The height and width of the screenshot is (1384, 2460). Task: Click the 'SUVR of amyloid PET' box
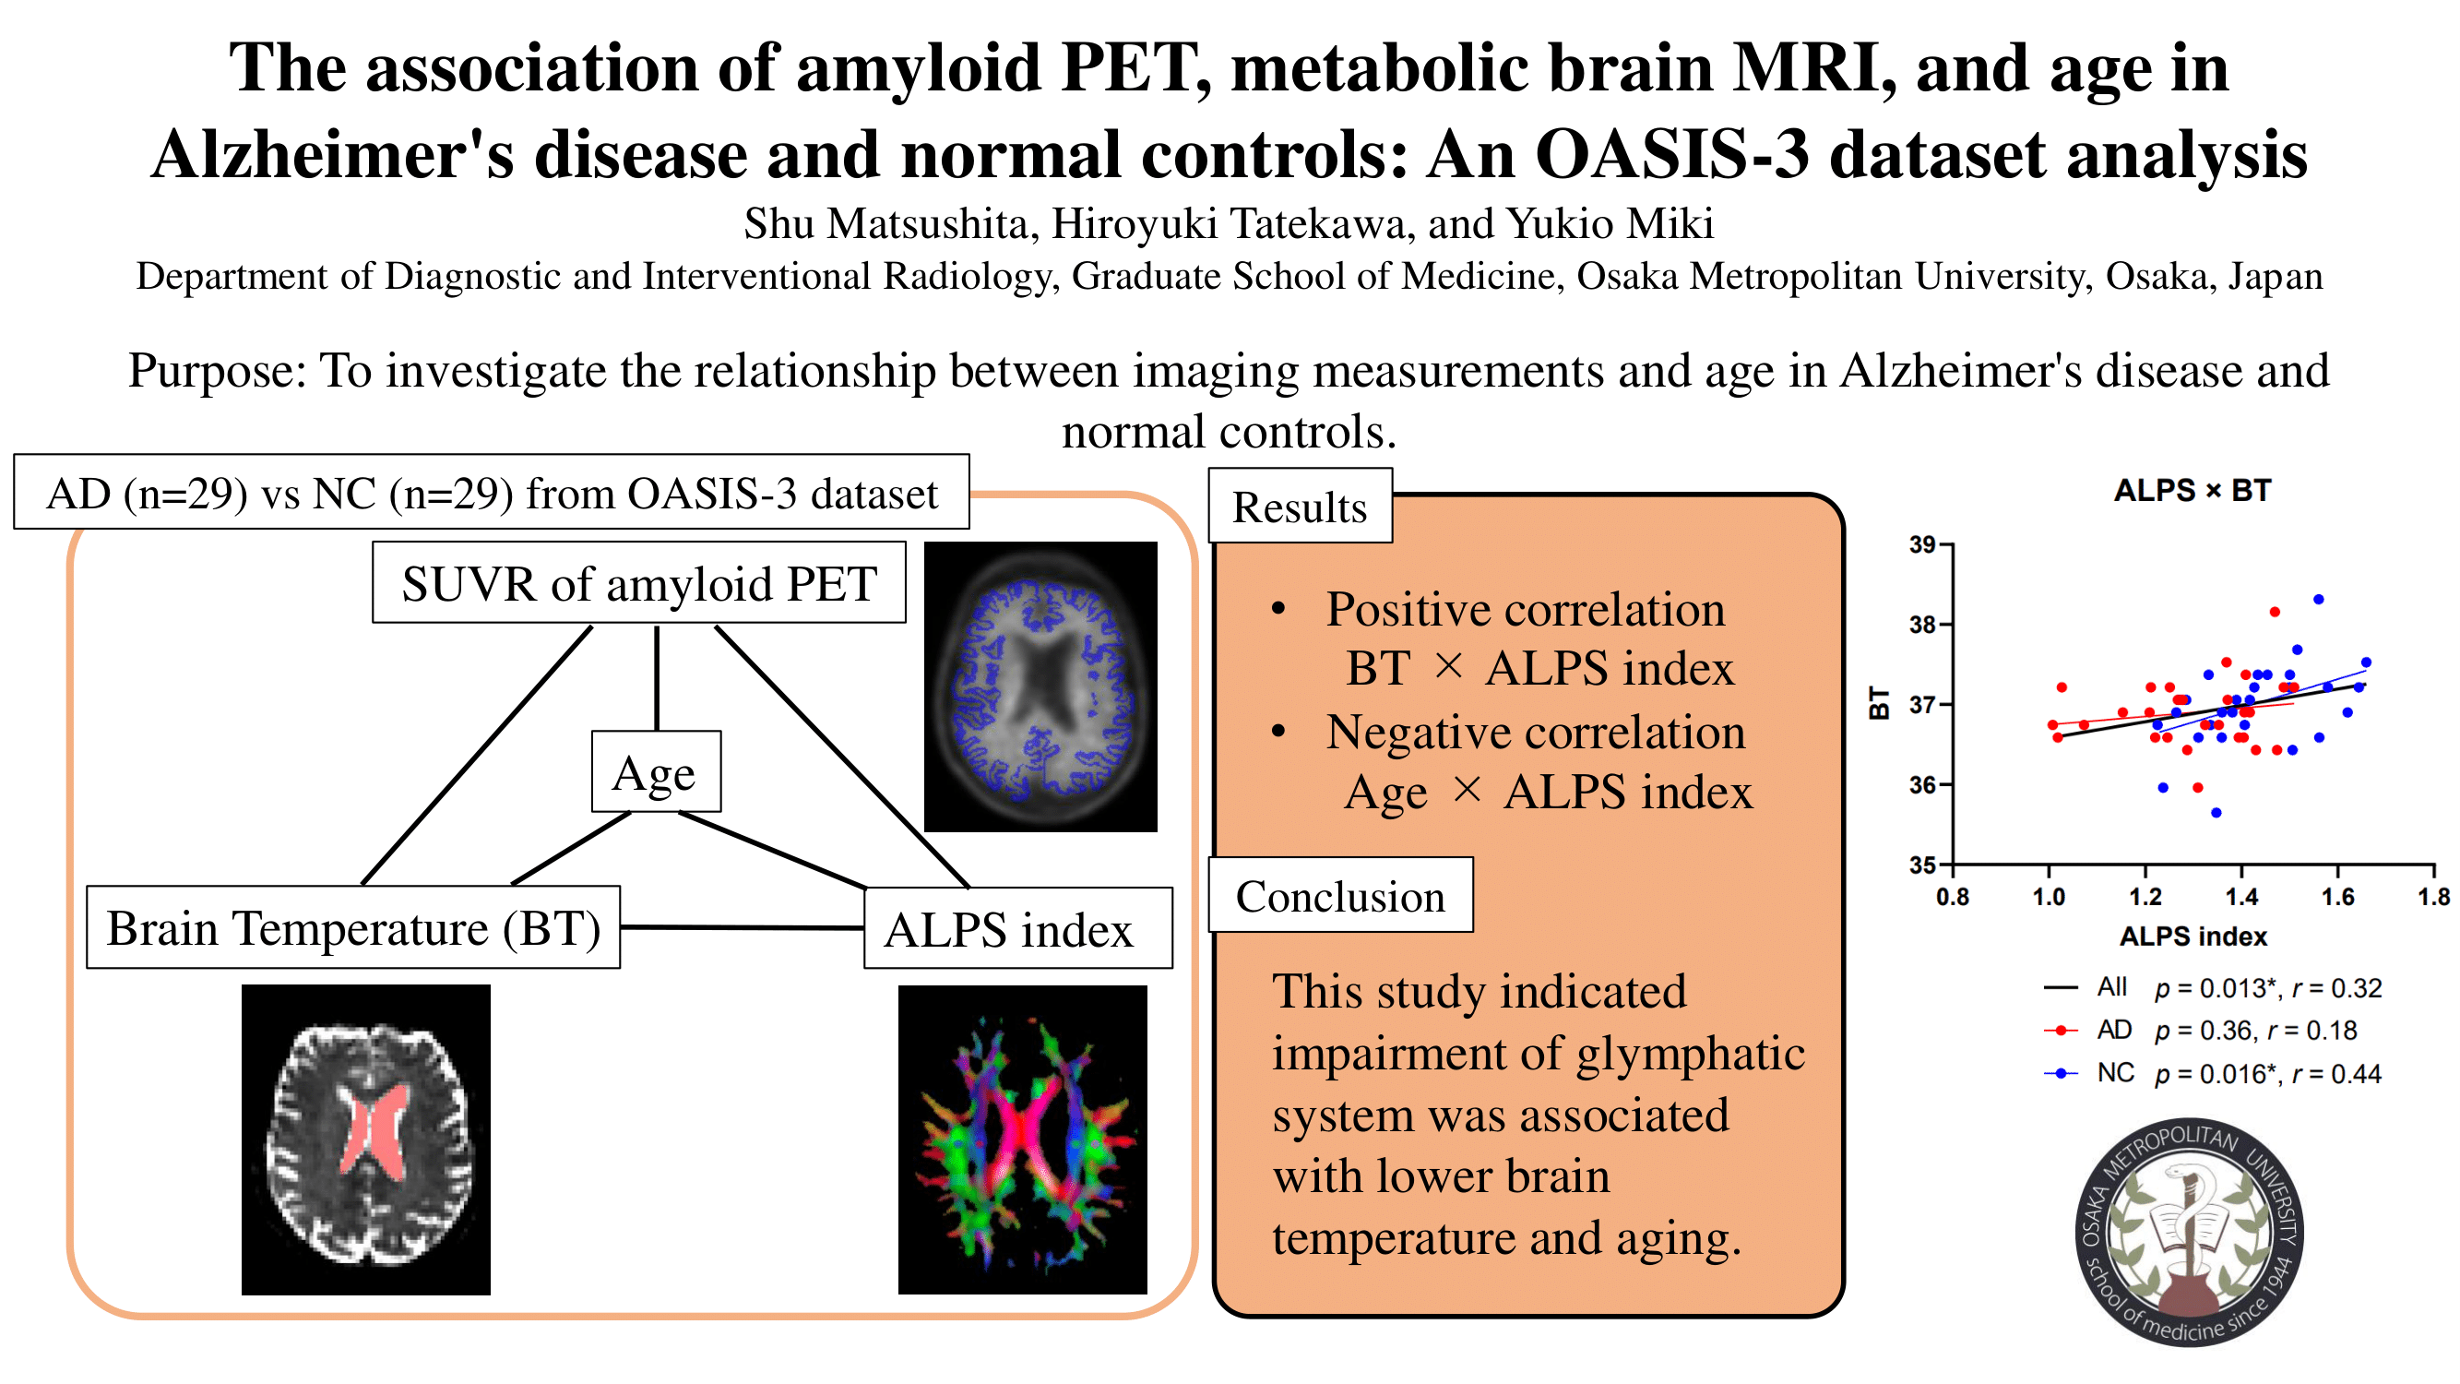coord(639,582)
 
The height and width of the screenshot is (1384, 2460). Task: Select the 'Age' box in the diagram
coord(656,771)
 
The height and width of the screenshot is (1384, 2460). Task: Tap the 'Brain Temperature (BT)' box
coord(353,927)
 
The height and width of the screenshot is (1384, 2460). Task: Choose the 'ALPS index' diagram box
coord(1018,928)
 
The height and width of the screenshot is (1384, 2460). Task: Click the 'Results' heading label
coord(1300,507)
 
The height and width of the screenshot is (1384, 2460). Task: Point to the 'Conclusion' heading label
coord(1341,895)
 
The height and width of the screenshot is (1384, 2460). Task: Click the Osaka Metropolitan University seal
coord(2190,1232)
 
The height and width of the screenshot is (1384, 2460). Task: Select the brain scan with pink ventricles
coord(366,1139)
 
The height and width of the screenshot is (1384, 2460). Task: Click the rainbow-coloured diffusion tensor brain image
coord(1023,1139)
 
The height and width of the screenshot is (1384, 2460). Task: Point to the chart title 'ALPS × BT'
coord(2193,491)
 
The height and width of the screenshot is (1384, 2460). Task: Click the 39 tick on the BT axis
coord(1921,544)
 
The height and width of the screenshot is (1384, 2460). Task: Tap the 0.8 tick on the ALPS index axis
coord(1953,897)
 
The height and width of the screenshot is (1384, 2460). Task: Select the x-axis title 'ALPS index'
coord(2193,936)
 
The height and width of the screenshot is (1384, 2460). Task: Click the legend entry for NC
coord(2213,1074)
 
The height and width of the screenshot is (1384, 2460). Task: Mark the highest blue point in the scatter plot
coord(2319,600)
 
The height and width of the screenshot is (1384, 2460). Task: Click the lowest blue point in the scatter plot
coord(2216,813)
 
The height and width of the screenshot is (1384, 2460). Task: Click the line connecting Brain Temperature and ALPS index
coord(742,927)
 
